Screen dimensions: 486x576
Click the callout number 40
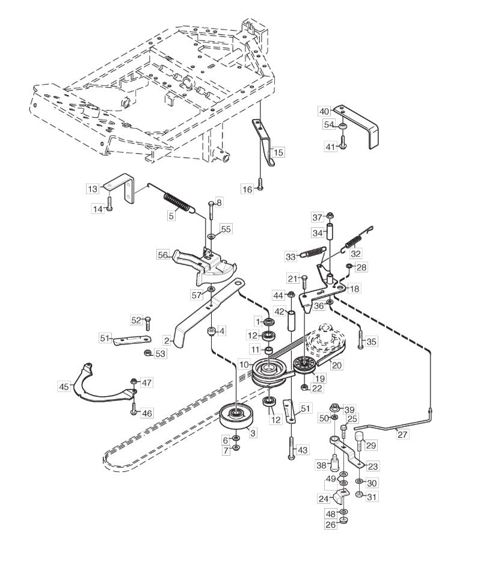point(324,111)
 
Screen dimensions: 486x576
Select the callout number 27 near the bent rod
point(402,434)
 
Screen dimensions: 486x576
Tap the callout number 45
point(64,387)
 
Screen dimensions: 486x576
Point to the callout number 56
point(162,254)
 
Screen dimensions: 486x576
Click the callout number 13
point(92,189)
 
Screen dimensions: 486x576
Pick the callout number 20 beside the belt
point(337,365)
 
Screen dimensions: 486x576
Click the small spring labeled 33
point(313,253)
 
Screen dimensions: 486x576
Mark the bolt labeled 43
point(292,448)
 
